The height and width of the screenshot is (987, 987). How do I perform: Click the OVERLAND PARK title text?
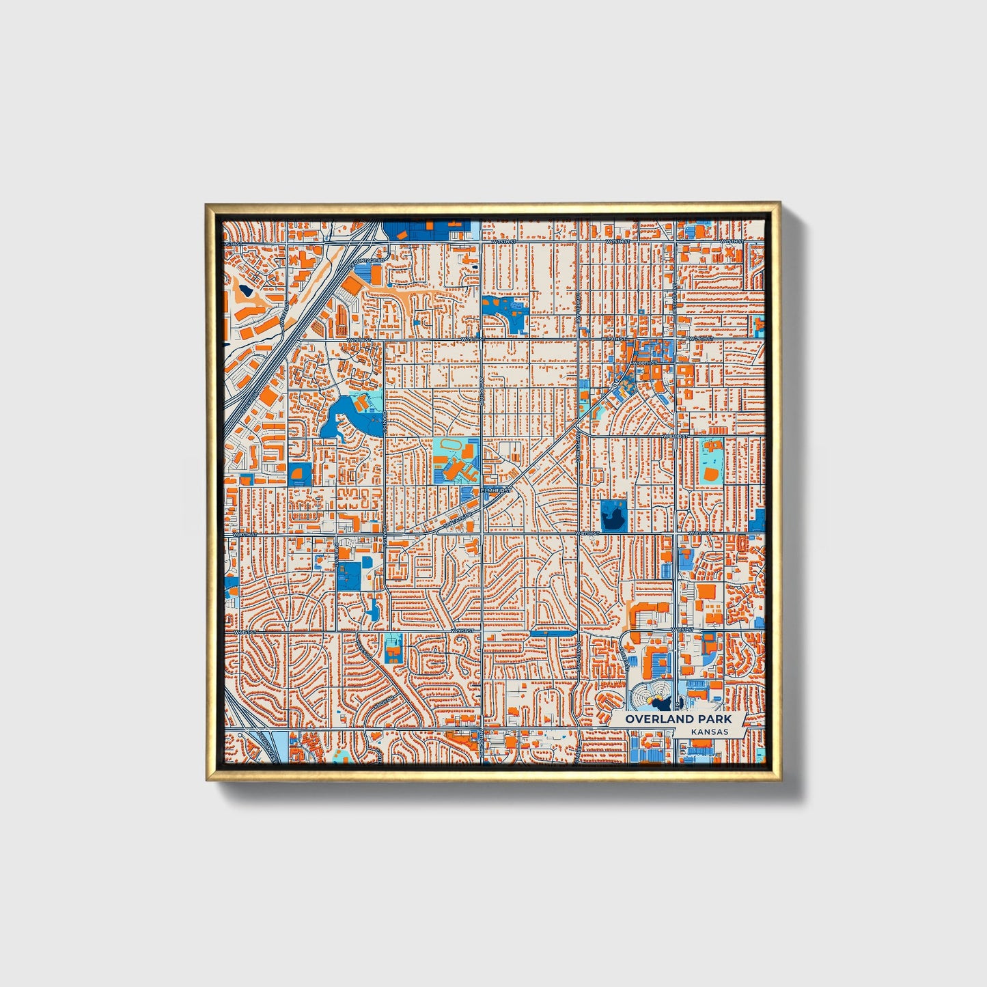tap(678, 719)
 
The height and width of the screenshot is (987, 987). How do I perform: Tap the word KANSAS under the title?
tap(709, 732)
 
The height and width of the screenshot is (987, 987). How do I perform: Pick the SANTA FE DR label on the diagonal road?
tap(459, 520)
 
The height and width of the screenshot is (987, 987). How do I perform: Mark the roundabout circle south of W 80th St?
tap(616, 386)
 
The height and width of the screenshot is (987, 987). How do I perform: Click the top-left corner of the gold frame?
tap(207, 204)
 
